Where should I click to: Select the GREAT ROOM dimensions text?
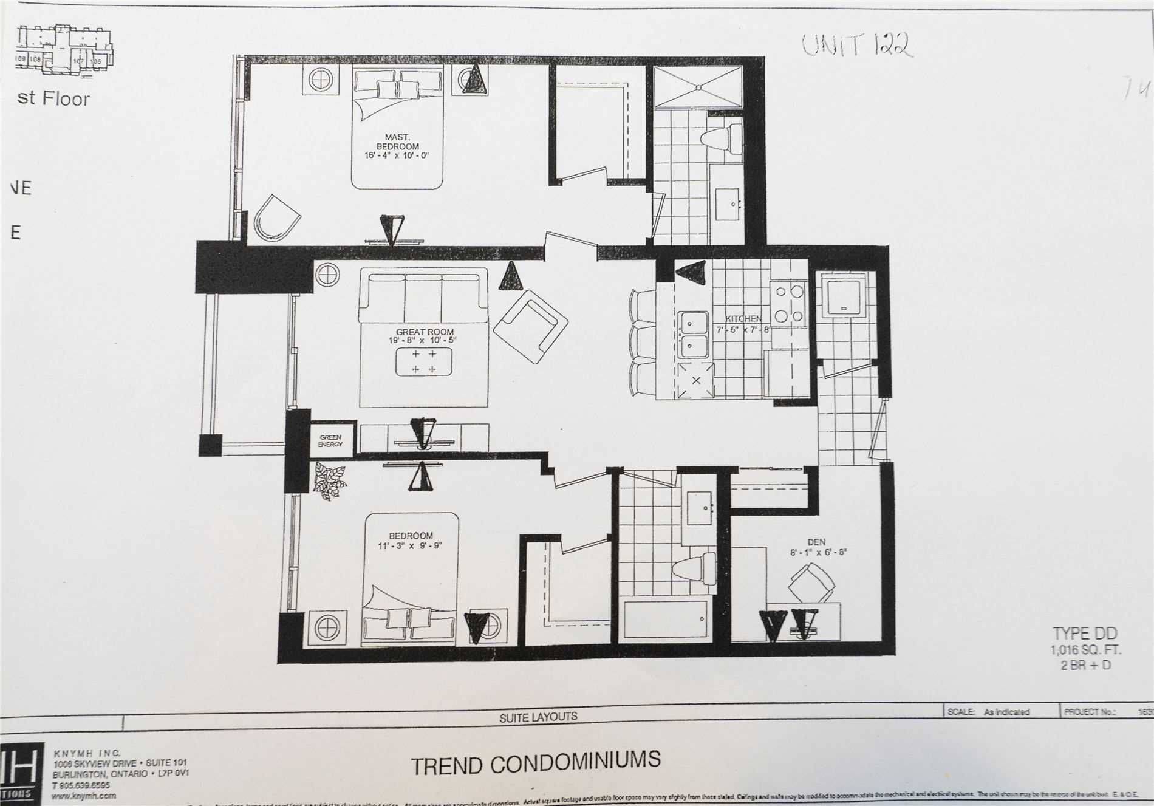tap(425, 341)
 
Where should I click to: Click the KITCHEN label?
tap(743, 318)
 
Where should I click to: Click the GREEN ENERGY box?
tap(330, 440)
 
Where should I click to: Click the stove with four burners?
tap(787, 304)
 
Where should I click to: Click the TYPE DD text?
tap(1085, 634)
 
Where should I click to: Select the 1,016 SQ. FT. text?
tap(1086, 650)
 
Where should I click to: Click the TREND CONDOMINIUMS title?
tap(535, 762)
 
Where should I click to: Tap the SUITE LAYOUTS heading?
tap(538, 717)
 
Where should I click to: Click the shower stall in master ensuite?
tap(698, 87)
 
